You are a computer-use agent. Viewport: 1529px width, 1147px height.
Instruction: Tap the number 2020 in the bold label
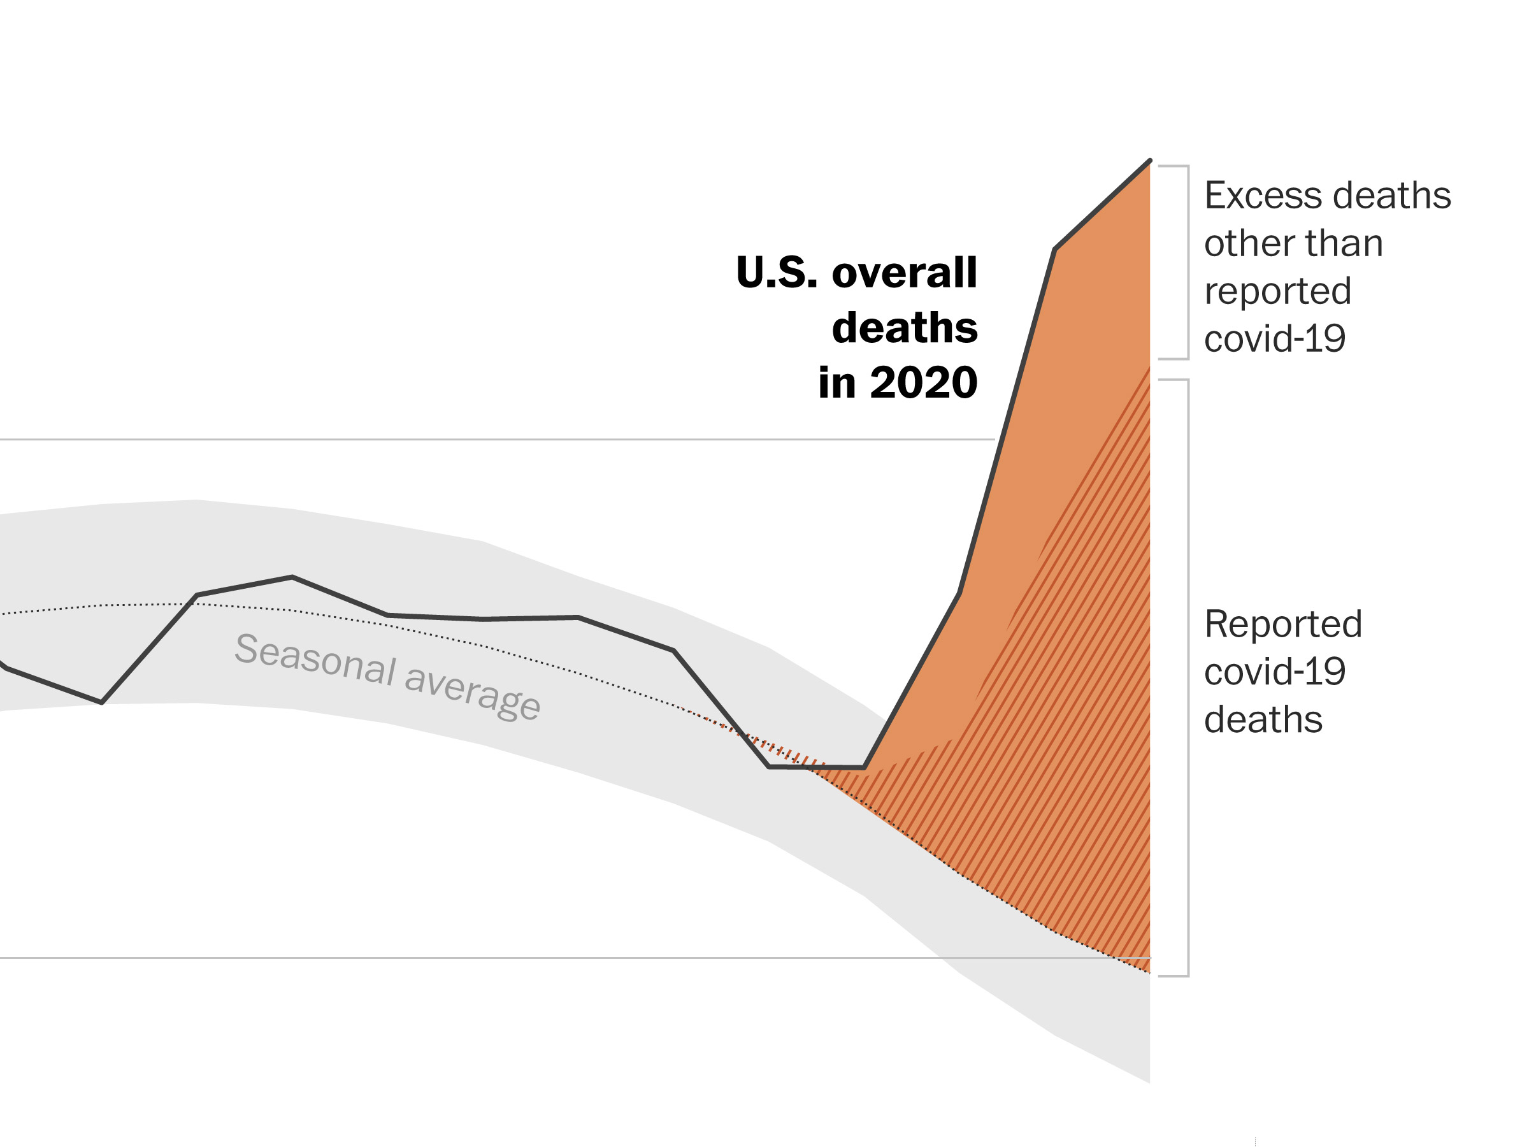coord(924,382)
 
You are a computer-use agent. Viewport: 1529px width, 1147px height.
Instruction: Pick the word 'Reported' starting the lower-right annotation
coord(1283,624)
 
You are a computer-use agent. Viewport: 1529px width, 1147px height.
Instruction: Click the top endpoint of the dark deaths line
coord(1149,161)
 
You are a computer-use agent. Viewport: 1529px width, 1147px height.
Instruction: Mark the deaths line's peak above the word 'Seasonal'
coord(292,577)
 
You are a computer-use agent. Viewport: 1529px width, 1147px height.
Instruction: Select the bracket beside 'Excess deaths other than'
coord(1187,263)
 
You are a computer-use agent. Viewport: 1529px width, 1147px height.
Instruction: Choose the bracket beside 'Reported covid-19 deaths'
coord(1187,677)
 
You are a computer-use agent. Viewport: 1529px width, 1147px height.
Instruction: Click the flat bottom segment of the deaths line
coord(816,767)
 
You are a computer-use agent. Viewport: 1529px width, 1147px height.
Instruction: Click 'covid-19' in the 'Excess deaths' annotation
coord(1275,339)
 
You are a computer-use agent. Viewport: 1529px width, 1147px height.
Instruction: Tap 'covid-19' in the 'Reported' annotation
coord(1275,672)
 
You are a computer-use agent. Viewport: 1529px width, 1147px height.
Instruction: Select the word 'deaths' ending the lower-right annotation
coord(1263,719)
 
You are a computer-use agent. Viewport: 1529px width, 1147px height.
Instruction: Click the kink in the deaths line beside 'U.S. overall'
coord(1055,249)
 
